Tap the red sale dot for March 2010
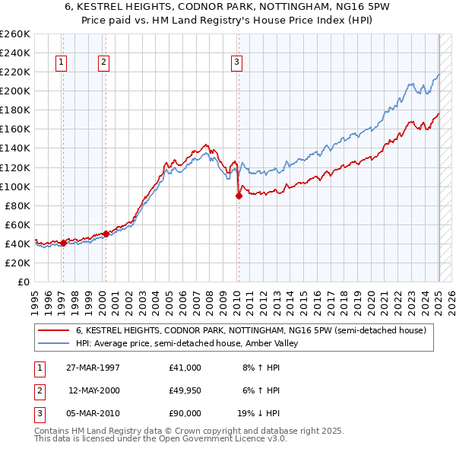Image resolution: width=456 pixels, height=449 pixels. pos(239,196)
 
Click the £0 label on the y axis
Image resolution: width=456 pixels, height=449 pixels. pos(24,282)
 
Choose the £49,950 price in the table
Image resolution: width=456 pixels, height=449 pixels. pos(185,390)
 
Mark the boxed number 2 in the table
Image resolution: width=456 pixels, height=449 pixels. pos(38,390)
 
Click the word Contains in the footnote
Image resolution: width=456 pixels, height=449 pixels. pos(53,431)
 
